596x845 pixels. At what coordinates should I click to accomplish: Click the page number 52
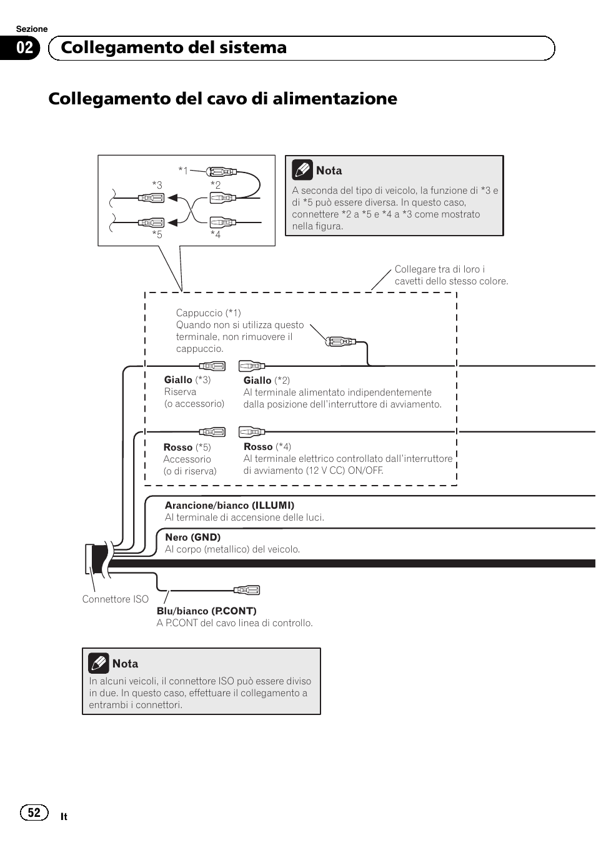point(34,812)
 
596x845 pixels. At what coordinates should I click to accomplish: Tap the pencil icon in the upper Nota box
point(302,170)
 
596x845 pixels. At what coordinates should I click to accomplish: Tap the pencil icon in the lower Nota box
point(99,663)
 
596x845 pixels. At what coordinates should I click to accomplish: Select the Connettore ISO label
point(115,599)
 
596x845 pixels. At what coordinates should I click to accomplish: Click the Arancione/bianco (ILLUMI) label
point(229,505)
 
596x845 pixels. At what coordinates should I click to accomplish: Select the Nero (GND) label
point(192,537)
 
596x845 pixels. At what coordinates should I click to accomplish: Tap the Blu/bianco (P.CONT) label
point(206,611)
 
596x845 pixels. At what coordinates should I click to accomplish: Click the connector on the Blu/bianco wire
point(247,590)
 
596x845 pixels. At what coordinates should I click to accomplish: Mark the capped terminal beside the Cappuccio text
point(340,341)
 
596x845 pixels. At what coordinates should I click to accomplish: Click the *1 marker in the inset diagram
point(182,170)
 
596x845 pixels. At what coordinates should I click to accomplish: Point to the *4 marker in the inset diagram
point(216,234)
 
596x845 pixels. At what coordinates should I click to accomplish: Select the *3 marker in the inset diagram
point(157,185)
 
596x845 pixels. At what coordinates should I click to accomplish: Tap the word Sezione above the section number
point(32,29)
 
